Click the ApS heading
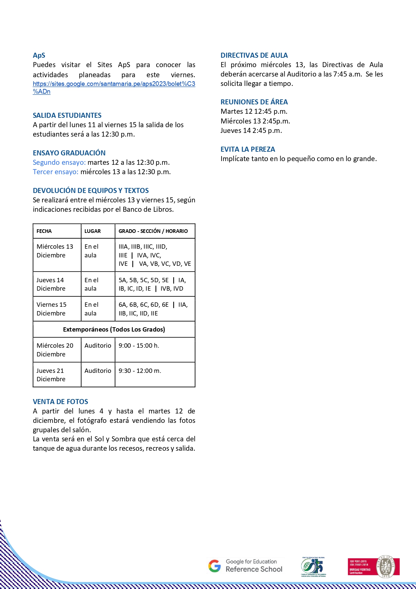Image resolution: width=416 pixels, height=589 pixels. [39, 55]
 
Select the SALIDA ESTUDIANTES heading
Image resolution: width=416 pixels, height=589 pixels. [67, 115]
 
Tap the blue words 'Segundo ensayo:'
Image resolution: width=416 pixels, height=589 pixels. [59, 162]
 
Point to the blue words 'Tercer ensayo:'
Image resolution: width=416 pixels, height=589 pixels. [55, 172]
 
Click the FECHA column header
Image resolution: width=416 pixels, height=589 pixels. [44, 231]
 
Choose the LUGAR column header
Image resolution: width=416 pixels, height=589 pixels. [93, 231]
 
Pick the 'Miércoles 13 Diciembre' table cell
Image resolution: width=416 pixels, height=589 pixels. [55, 251]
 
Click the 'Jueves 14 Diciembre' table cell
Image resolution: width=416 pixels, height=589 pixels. [51, 284]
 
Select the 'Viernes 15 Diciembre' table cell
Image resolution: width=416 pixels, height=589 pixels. [52, 309]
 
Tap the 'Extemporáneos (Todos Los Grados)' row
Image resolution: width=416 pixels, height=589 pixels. [114, 330]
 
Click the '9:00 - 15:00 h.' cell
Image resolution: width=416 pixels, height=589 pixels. [139, 346]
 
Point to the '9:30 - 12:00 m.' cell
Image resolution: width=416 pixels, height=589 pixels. [140, 371]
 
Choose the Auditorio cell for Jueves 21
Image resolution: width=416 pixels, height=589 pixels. [98, 371]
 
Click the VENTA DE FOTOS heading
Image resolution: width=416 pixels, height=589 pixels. [60, 402]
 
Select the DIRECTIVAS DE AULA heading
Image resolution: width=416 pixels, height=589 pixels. [254, 55]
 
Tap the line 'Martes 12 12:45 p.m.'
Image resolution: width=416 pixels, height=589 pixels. [254, 111]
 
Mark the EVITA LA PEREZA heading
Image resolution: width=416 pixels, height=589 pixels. [248, 149]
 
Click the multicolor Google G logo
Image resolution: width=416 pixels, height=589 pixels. [215, 566]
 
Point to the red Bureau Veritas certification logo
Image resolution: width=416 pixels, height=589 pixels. [373, 567]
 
